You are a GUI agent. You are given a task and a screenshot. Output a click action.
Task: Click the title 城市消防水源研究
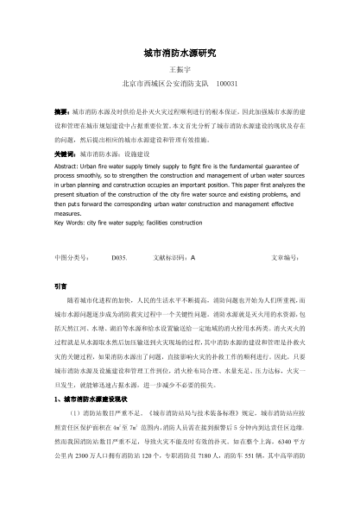pyautogui.click(x=180, y=53)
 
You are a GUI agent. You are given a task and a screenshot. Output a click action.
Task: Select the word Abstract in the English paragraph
pyautogui.click(x=67, y=166)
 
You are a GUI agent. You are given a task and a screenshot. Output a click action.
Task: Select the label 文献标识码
pyautogui.click(x=168, y=257)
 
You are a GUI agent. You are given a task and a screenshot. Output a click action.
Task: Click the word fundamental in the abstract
pyautogui.click(x=251, y=166)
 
